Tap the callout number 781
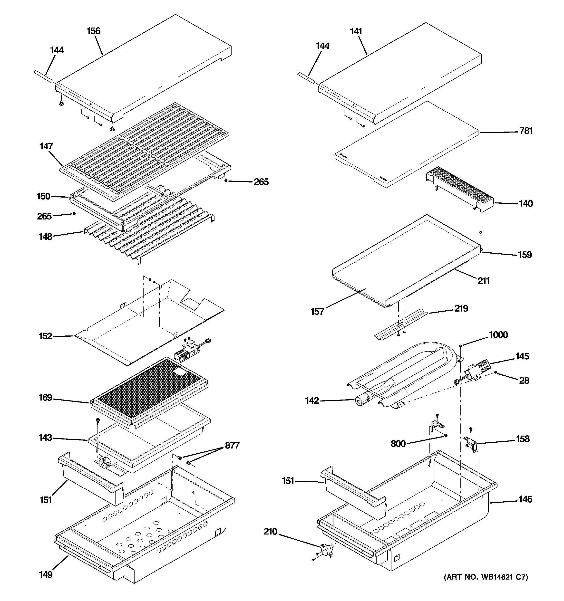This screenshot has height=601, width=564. pos(526,131)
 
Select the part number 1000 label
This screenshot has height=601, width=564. pos(498,335)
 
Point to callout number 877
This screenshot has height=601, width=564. pos(232,445)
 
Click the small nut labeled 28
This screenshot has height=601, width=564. pos(496,373)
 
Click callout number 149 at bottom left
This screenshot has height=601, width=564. pos(45,575)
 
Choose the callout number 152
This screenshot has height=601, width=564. pos(45,336)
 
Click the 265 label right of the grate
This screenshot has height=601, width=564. pos(261,182)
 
